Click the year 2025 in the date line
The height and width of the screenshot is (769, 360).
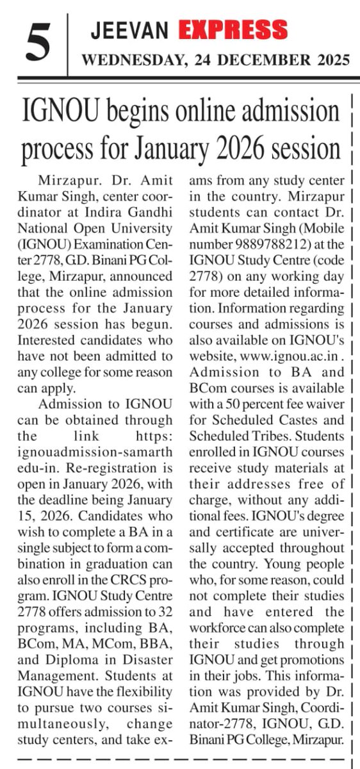[328, 61]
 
